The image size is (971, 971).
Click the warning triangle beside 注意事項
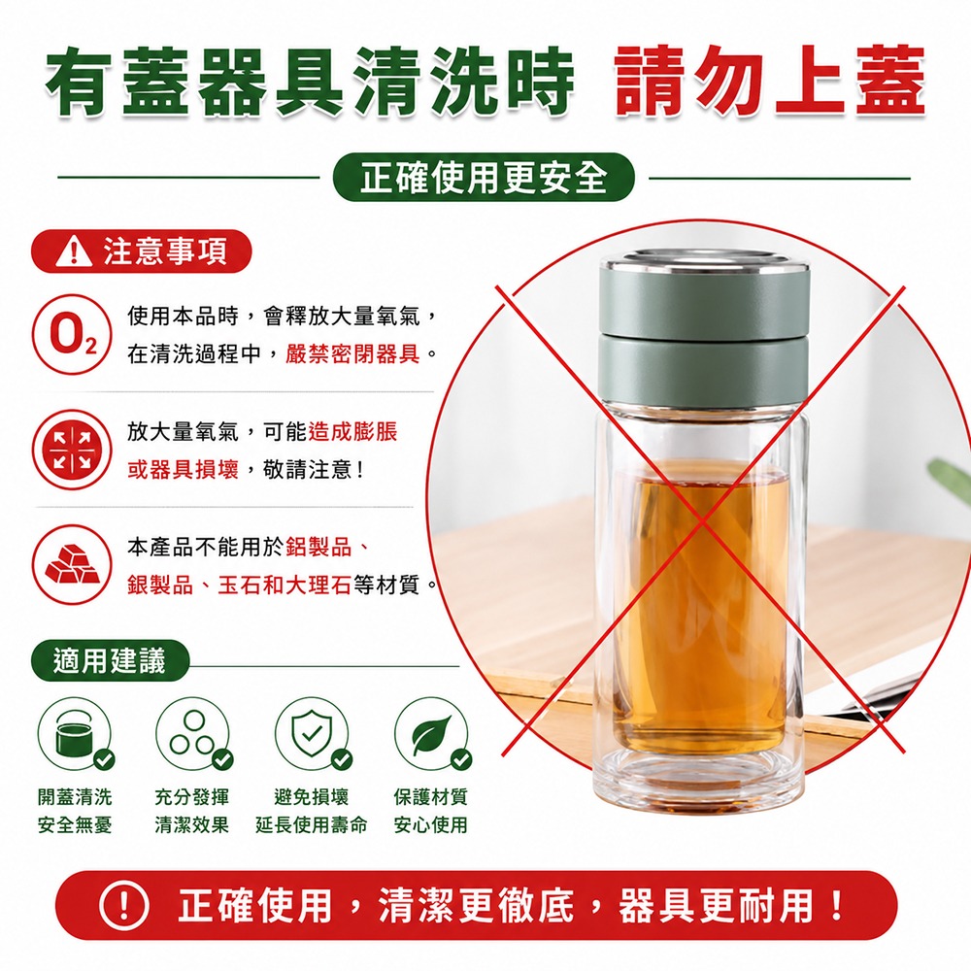(75, 252)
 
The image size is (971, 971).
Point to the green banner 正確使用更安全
(484, 179)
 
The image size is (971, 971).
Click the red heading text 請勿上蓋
(770, 81)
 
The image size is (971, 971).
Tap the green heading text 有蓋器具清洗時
(310, 81)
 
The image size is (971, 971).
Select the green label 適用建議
(110, 660)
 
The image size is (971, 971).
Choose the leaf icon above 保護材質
(432, 734)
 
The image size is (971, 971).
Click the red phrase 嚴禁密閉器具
(353, 354)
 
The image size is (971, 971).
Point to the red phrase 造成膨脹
(353, 432)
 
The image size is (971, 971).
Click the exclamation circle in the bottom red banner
(124, 906)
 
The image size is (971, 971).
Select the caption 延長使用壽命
(312, 824)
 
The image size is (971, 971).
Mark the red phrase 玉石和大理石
(285, 585)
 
